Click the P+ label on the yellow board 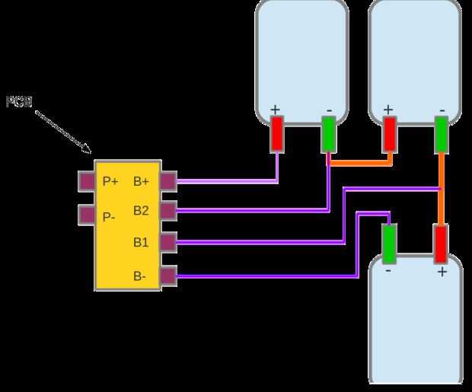tap(110, 181)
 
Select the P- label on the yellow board tap(109, 217)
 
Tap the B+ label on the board tap(142, 181)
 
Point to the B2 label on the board tap(141, 211)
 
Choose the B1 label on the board tap(141, 243)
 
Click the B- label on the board tap(140, 276)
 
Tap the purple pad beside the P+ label tap(86, 181)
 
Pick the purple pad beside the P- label tap(86, 215)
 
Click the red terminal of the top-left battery tap(277, 134)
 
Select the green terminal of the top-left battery tap(329, 134)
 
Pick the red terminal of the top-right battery tap(390, 134)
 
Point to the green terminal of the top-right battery tap(441, 134)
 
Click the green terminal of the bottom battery tap(389, 244)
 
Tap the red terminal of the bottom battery tap(440, 244)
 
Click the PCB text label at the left tap(19, 101)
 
